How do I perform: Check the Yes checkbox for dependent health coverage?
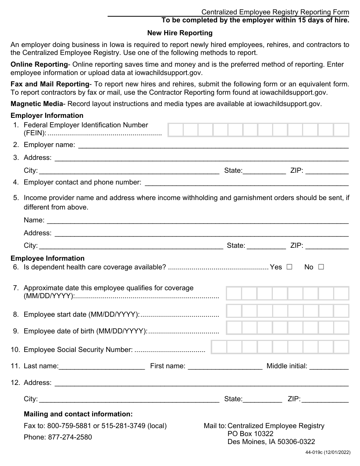pyautogui.click(x=290, y=267)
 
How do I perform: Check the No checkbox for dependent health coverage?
pyautogui.click(x=321, y=267)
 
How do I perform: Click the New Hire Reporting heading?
pyautogui.click(x=180, y=33)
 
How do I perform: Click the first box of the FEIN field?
pyautogui.click(x=175, y=130)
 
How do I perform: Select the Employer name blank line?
pyautogui.click(x=213, y=145)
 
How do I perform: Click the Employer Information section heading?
pyautogui.click(x=47, y=116)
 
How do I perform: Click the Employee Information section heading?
pyautogui.click(x=47, y=258)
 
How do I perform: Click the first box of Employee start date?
pyautogui.click(x=234, y=311)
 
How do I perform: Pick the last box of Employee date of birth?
pyautogui.click(x=341, y=328)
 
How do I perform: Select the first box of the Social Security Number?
pyautogui.click(x=219, y=347)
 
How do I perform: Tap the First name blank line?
pyautogui.click(x=225, y=366)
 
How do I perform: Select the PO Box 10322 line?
pyautogui.click(x=250, y=434)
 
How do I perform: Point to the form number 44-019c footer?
pyautogui.click(x=328, y=452)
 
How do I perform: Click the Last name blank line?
pyautogui.click(x=102, y=366)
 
